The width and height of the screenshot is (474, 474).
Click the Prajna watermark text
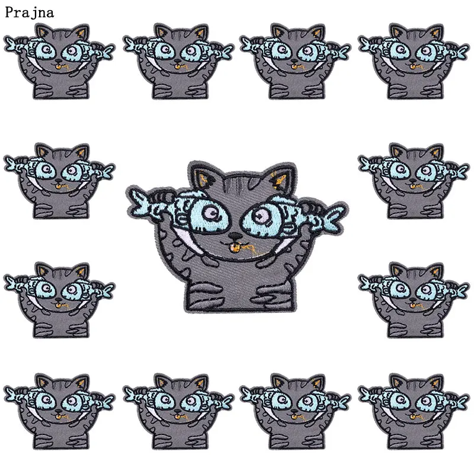pos(29,12)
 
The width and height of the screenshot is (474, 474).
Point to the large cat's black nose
pos(235,236)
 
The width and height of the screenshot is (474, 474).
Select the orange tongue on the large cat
pos(234,248)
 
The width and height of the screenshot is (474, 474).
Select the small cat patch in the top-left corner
pos(59,61)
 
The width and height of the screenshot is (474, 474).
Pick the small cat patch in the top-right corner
pos(414,61)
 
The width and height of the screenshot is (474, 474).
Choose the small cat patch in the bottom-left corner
pos(59,411)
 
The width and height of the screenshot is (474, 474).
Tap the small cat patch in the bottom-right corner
pos(414,411)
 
